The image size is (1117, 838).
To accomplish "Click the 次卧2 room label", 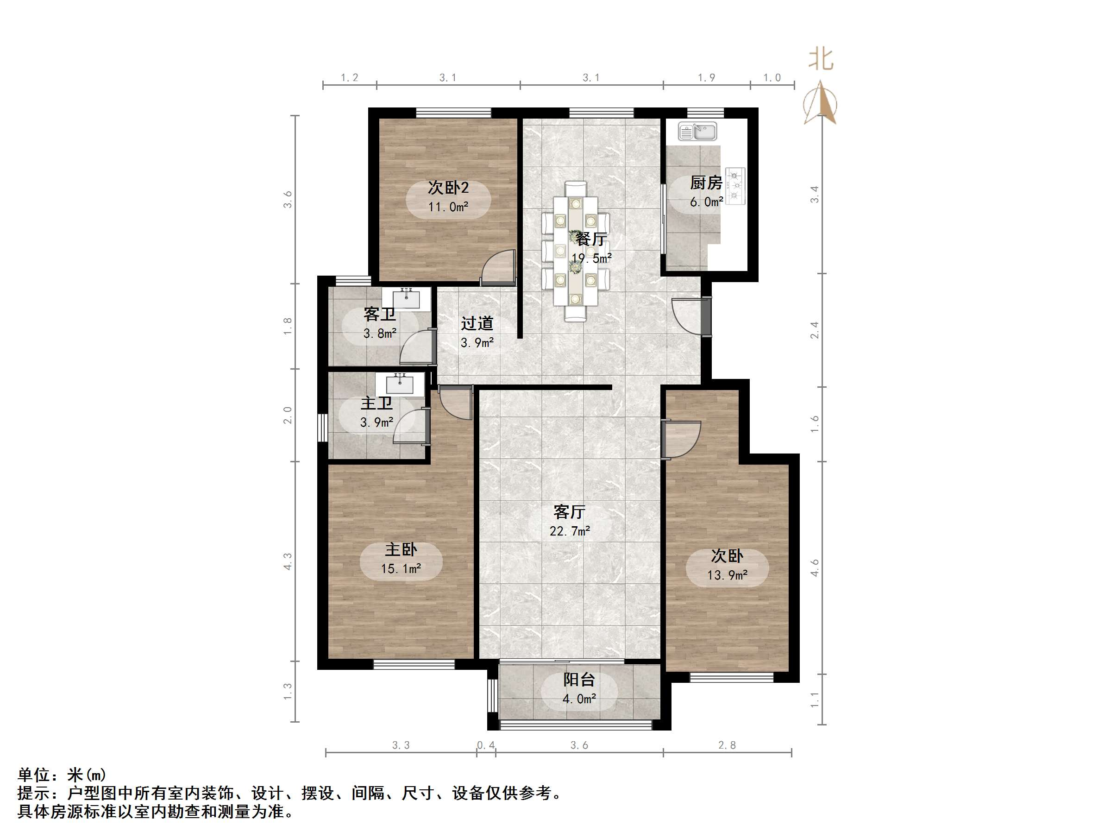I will point(448,188).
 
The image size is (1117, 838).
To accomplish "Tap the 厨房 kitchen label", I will point(706,183).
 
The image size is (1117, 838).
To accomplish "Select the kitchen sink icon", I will point(697,132).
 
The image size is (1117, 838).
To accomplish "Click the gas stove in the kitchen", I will point(735,186).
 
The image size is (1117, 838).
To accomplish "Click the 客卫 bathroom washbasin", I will point(407,298).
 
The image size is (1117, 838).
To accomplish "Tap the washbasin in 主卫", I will point(400,384).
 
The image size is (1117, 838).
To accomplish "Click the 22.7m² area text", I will point(570,531).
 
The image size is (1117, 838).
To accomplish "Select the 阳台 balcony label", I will point(579,680).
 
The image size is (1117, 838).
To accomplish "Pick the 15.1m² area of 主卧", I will point(401,569).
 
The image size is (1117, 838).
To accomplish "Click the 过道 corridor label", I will point(477,323).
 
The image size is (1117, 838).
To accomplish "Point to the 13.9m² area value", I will point(727,575).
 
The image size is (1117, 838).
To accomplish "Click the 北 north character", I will point(821,59).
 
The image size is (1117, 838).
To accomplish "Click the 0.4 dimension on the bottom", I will point(486,745).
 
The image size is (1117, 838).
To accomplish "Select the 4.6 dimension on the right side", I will point(815,568).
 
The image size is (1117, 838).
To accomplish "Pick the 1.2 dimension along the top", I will point(350,78).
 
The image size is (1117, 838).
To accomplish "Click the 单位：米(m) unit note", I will point(62,775).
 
